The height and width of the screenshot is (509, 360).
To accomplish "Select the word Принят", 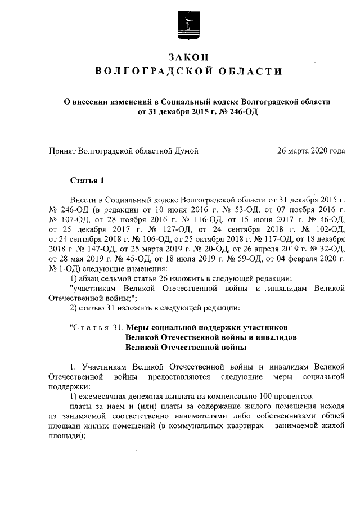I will [62, 151].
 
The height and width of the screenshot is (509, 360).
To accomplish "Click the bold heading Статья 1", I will [87, 181].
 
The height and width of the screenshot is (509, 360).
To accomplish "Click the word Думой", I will [186, 151].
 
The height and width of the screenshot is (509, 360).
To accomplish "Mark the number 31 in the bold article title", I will [117, 327].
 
